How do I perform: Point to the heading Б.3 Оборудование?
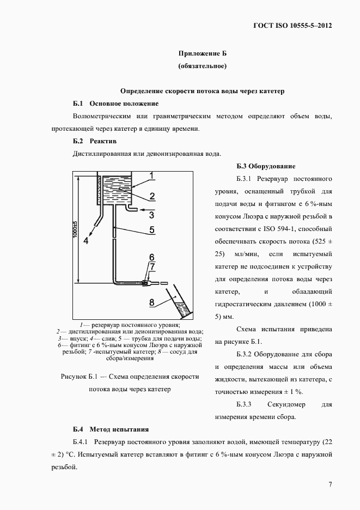pyautogui.click(x=266, y=166)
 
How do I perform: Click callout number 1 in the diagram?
pyautogui.click(x=154, y=175)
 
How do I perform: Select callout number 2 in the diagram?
pyautogui.click(x=153, y=196)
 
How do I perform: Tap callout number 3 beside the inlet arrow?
pyautogui.click(x=152, y=215)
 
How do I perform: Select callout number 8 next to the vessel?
pyautogui.click(x=152, y=302)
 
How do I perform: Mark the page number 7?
pyautogui.click(x=331, y=484)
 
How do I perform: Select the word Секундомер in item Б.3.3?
pyautogui.click(x=287, y=405)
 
